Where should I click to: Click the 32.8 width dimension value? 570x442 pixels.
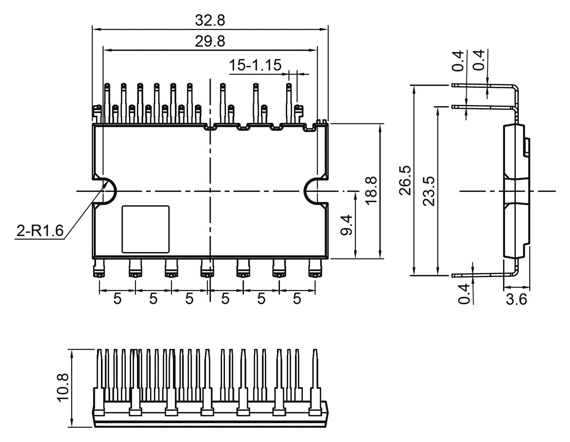pos(210,21)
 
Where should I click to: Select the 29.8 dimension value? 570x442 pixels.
pos(210,42)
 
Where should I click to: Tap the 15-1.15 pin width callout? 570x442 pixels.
pos(255,65)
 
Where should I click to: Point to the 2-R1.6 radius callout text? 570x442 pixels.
pos(40,231)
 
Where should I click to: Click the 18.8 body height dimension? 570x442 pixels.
pos(371,191)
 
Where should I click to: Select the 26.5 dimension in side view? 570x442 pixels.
pos(405,180)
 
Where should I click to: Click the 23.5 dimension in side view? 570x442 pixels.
pos(429,191)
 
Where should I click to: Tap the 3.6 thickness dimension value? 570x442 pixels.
pos(516,300)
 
